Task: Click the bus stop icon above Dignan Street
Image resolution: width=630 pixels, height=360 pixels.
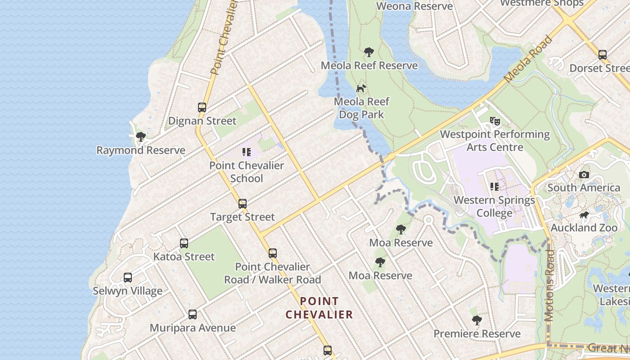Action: [x=202, y=108]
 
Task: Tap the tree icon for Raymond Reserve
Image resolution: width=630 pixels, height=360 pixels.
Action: [x=141, y=137]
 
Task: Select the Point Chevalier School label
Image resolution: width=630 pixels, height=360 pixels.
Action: [x=247, y=172]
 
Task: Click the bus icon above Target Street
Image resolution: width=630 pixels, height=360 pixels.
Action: [x=243, y=203]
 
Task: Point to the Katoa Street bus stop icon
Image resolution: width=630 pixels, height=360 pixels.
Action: [x=184, y=243]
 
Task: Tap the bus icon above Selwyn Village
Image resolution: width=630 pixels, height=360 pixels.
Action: [x=128, y=277]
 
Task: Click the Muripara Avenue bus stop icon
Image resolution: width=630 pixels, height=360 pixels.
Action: [x=193, y=314]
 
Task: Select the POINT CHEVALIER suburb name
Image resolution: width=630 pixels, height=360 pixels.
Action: [x=319, y=308]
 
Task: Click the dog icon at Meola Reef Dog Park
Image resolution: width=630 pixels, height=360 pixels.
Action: [x=361, y=88]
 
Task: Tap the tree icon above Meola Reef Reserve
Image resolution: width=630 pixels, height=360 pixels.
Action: [x=369, y=52]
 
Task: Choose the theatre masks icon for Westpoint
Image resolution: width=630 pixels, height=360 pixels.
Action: [x=495, y=121]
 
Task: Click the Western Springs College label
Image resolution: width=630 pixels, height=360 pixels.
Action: [x=494, y=206]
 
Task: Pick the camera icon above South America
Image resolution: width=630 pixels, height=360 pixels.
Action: [x=584, y=175]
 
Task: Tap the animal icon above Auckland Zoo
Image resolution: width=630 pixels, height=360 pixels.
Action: [x=584, y=215]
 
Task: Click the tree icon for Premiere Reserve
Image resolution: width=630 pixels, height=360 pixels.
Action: [x=477, y=320]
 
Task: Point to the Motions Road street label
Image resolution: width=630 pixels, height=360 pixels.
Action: [x=549, y=285]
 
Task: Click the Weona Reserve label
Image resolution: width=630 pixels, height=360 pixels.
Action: [x=414, y=6]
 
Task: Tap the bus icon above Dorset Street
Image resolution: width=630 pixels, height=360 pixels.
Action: [x=603, y=55]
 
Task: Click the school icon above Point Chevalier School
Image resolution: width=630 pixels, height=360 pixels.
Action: [x=247, y=152]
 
